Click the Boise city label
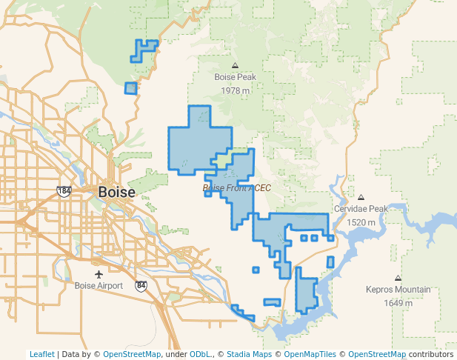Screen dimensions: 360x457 tap(117, 192)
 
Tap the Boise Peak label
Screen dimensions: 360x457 tap(235, 77)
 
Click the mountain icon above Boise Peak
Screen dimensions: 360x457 tap(235, 65)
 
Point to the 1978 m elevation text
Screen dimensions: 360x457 tap(235, 90)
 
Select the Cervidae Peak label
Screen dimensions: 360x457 tap(361, 210)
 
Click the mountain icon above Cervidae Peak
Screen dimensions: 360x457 tap(361, 197)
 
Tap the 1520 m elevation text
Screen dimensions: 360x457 tap(361, 222)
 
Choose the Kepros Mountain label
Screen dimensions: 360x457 tap(398, 290)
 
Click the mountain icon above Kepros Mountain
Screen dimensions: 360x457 tap(398, 278)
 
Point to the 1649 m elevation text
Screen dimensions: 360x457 tap(398, 303)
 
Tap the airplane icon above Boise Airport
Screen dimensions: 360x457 tap(99, 274)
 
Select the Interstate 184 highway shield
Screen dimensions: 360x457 tap(64, 191)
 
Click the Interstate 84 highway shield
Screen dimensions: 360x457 tap(141, 285)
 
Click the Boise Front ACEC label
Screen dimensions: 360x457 tap(237, 188)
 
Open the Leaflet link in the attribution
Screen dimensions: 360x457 tap(41, 354)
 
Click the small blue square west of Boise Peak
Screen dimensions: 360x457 tap(130, 88)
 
